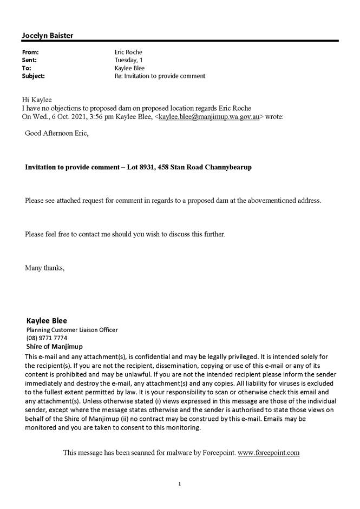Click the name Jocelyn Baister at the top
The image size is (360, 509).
pyautogui.click(x=47, y=36)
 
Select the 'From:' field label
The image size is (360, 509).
pyautogui.click(x=30, y=52)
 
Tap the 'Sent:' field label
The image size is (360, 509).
pyautogui.click(x=30, y=60)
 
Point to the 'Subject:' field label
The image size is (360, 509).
pyautogui.click(x=33, y=76)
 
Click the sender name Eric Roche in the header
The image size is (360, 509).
pyautogui.click(x=129, y=52)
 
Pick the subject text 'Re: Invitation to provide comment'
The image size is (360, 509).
pyautogui.click(x=160, y=76)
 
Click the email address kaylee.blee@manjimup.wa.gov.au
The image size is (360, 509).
pyautogui.click(x=211, y=116)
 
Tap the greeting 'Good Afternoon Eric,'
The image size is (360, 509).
pyautogui.click(x=56, y=134)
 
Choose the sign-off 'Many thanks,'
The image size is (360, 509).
pyautogui.click(x=44, y=267)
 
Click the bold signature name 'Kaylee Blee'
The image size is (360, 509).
pyautogui.click(x=47, y=320)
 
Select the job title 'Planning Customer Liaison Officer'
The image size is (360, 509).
pyautogui.click(x=72, y=329)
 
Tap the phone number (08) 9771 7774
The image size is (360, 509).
pyautogui.click(x=47, y=338)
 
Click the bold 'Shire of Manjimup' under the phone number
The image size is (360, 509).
pyautogui.click(x=55, y=347)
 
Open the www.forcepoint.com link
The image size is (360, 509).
pyautogui.click(x=269, y=452)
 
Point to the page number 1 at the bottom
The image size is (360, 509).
pyautogui.click(x=180, y=483)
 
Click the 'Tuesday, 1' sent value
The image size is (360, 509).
pyautogui.click(x=129, y=60)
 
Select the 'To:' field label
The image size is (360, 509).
pyautogui.click(x=27, y=68)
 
